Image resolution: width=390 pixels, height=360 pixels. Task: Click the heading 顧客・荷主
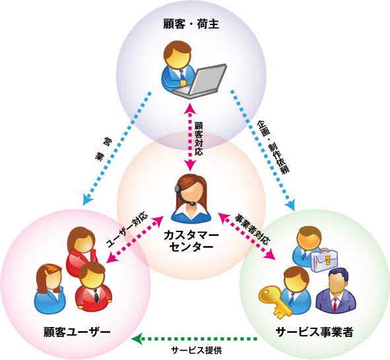[x=191, y=24]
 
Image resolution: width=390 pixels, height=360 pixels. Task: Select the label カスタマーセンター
[x=191, y=241]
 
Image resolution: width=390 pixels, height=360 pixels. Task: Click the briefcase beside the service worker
[x=324, y=260]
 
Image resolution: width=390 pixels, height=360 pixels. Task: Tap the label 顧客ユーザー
[x=77, y=332]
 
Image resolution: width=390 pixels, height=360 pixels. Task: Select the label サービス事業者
[x=314, y=332]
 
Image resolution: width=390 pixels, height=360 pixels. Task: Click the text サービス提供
[x=196, y=350]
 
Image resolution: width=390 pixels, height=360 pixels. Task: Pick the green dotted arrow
[x=195, y=339]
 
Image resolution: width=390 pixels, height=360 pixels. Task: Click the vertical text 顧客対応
[x=199, y=138]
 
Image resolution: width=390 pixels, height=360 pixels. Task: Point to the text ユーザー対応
[x=127, y=229]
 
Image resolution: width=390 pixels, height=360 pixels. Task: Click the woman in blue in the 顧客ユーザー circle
[x=49, y=289]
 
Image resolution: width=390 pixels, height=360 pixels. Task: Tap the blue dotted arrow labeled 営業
[x=117, y=148]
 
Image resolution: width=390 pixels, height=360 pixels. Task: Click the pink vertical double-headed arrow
[x=190, y=137]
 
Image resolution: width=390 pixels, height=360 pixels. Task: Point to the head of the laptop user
[x=178, y=55]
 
